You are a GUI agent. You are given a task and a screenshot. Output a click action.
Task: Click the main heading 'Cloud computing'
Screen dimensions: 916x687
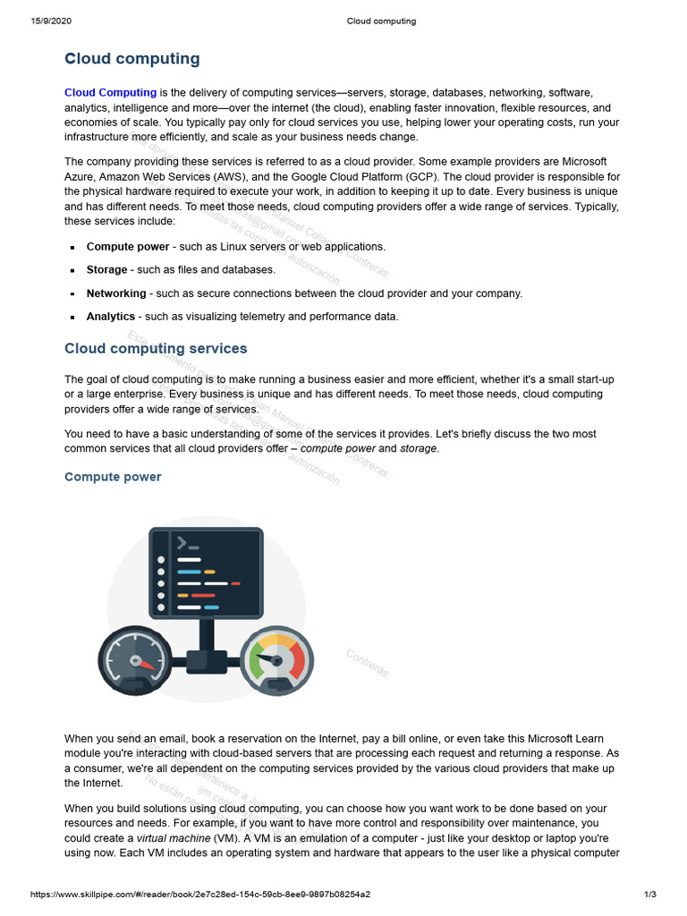[x=132, y=59]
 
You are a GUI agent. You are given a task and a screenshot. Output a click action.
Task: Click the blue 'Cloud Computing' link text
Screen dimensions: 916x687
[x=110, y=92]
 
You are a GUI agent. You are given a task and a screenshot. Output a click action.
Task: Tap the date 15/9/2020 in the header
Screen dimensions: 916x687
[x=52, y=21]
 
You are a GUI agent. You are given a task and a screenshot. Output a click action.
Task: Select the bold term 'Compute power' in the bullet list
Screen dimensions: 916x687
[x=127, y=246]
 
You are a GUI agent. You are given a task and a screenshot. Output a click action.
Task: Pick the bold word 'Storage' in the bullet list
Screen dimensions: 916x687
[x=106, y=269]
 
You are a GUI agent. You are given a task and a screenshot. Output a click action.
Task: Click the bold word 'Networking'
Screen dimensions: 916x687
[x=116, y=293]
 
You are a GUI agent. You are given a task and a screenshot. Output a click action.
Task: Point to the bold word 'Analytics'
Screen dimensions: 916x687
[x=111, y=317]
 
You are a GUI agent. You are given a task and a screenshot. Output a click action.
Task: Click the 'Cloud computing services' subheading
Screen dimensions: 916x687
[x=156, y=348]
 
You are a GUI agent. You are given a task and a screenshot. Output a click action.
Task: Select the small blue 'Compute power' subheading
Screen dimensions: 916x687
[x=113, y=477]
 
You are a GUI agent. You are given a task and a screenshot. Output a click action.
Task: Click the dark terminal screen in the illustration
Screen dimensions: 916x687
[x=206, y=572]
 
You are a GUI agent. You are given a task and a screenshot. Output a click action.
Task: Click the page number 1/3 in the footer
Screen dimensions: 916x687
[x=650, y=895]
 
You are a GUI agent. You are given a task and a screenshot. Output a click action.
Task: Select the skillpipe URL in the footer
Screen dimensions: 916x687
[x=200, y=895]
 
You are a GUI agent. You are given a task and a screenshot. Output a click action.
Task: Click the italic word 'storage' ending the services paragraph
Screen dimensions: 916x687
[x=419, y=448]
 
